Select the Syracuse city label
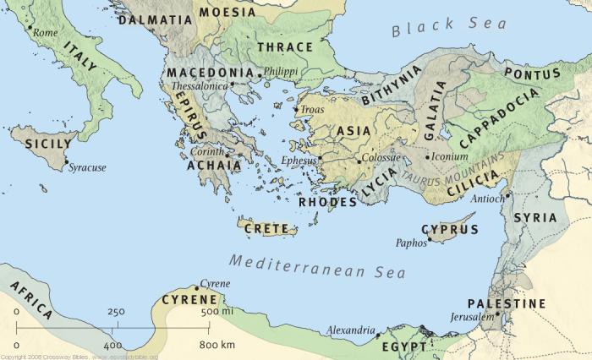point(87,167)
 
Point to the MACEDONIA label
point(210,74)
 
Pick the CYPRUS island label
point(450,229)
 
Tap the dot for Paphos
point(430,238)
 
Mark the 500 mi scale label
point(219,313)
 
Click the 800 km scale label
point(217,345)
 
